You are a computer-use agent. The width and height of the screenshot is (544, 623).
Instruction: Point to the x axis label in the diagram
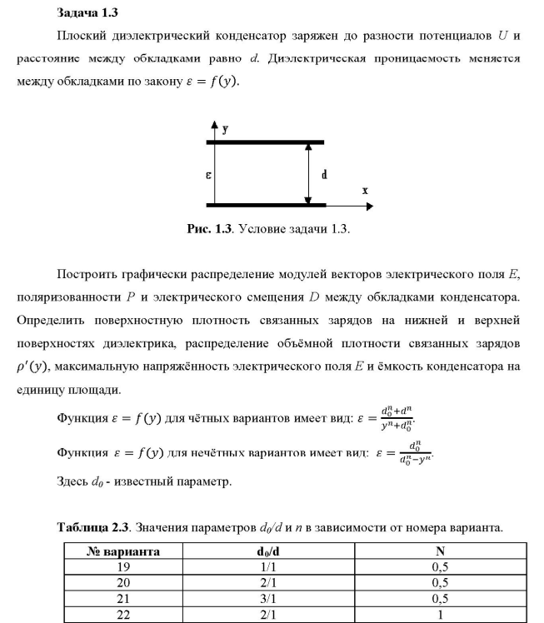(365, 190)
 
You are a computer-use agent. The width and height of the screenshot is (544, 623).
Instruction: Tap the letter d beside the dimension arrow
(323, 175)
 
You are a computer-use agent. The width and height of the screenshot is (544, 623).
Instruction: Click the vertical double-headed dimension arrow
(308, 173)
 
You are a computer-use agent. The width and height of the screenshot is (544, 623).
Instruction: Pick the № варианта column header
(124, 551)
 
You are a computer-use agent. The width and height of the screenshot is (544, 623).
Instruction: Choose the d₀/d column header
(273, 551)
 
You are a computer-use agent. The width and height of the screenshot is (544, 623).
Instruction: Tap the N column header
(440, 551)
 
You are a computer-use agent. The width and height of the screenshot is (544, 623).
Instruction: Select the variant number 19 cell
(124, 566)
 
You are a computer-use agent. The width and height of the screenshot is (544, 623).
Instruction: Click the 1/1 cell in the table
(273, 566)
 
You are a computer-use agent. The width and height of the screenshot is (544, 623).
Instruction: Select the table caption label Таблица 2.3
(94, 526)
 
